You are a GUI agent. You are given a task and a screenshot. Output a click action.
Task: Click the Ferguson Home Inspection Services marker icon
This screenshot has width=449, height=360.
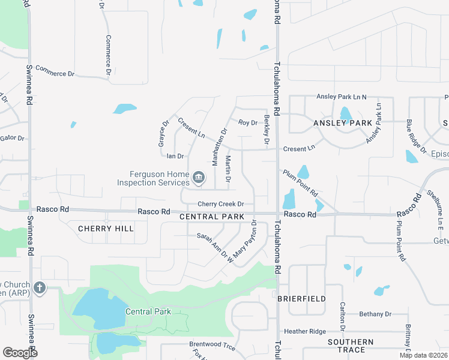coord(199,179)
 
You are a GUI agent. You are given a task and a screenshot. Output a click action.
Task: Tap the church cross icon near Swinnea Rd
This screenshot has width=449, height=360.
coord(40,287)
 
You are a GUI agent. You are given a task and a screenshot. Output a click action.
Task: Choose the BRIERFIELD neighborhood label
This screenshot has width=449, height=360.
coord(302,298)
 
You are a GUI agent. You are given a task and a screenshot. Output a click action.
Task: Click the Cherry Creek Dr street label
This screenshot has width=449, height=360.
coord(221,204)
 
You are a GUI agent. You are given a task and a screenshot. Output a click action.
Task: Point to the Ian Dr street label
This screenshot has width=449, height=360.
coord(175,156)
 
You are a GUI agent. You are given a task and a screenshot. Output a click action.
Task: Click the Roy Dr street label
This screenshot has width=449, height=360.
coord(247,122)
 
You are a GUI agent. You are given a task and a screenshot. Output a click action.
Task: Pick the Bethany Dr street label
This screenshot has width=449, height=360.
coord(375,314)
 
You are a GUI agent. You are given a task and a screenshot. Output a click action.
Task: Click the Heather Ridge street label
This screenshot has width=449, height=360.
coord(305,331)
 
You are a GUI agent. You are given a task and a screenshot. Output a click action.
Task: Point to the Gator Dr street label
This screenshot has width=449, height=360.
coord(12,138)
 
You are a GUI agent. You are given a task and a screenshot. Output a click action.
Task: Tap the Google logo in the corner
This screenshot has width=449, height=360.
coord(20,353)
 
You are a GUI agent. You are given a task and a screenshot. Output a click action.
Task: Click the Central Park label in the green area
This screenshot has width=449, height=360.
coord(148,311)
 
